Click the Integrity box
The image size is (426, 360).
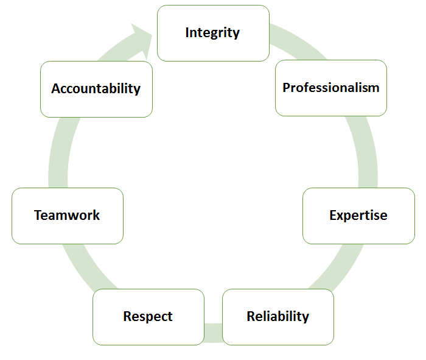[x=213, y=33]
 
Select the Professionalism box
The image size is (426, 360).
[x=331, y=88]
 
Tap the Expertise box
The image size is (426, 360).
[x=358, y=216]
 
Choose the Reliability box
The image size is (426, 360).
[x=278, y=317]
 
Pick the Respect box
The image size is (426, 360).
[x=148, y=317]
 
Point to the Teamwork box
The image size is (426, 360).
[x=68, y=216]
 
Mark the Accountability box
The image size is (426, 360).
[x=96, y=89]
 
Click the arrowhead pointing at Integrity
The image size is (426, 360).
[x=142, y=41]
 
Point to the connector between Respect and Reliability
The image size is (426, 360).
[x=213, y=333]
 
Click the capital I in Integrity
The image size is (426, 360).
[x=187, y=32]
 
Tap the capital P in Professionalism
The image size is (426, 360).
[x=287, y=88]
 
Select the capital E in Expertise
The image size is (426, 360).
[x=333, y=215]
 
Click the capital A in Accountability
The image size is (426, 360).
[x=57, y=88]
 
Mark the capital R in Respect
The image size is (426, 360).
[x=127, y=316]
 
